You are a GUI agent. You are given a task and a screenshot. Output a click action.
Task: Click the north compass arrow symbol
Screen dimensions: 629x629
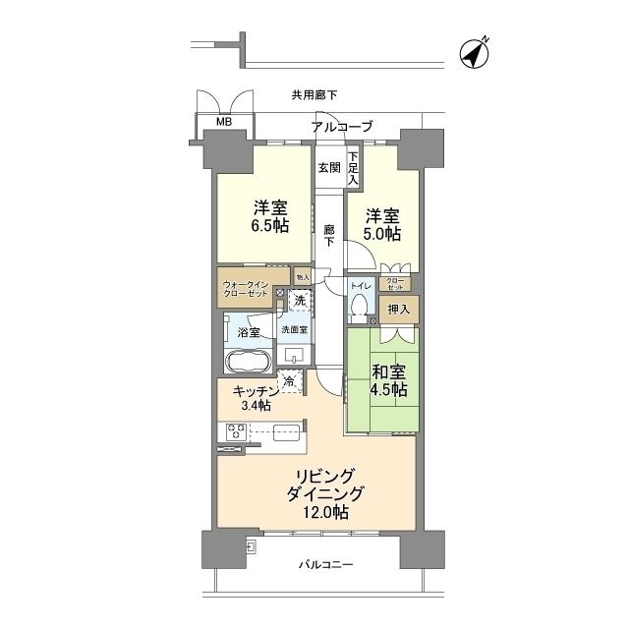click(x=475, y=53)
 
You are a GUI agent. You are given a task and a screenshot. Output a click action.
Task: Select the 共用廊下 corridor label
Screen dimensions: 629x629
click(x=314, y=95)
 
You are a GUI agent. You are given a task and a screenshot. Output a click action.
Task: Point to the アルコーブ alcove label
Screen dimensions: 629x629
click(x=342, y=127)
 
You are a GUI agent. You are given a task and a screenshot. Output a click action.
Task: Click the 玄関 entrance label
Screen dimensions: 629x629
click(x=329, y=167)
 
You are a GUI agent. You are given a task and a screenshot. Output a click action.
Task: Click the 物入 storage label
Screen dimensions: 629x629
click(x=302, y=278)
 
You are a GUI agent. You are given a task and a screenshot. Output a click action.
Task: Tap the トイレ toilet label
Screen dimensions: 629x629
click(x=361, y=286)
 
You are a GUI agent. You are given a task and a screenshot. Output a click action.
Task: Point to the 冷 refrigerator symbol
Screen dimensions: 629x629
click(x=290, y=378)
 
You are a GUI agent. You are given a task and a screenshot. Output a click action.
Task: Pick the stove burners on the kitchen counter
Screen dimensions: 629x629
click(x=235, y=431)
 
